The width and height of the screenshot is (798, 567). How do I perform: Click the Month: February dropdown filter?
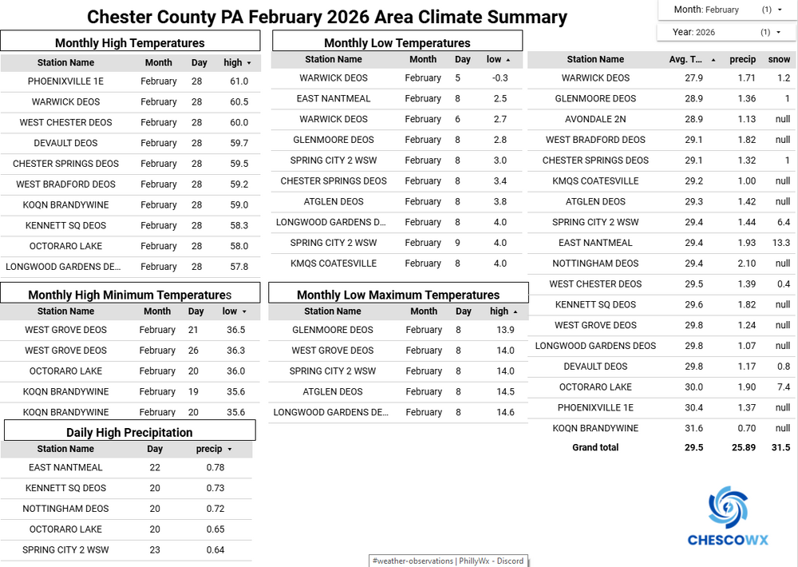[x=727, y=10]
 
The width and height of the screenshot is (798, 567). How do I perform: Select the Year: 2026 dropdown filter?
[x=727, y=32]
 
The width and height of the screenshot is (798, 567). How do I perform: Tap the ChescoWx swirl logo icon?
[x=728, y=507]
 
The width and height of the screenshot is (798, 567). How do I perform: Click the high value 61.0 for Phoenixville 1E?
[x=239, y=81]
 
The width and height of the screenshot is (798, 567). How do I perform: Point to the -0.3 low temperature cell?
[x=500, y=78]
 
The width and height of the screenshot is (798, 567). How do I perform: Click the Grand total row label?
[x=595, y=448]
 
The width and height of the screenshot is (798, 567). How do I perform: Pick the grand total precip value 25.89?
[x=743, y=448]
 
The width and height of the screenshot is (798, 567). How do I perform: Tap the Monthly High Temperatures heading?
[x=130, y=43]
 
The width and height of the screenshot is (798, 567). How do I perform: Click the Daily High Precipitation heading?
[x=129, y=432]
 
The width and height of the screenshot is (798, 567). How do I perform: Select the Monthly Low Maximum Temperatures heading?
[x=398, y=295]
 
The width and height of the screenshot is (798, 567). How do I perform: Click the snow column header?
[x=779, y=59]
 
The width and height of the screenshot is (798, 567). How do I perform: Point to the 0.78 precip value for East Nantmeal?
[x=215, y=468]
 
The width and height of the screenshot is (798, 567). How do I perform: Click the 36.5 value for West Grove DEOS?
[x=235, y=330]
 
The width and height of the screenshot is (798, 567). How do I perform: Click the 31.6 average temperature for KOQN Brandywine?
[x=694, y=428]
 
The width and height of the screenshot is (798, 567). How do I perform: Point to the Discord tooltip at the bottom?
[x=448, y=561]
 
